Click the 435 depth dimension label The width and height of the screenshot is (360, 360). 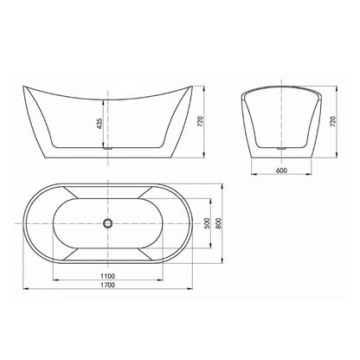(100, 124)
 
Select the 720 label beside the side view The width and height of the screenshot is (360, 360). (201, 121)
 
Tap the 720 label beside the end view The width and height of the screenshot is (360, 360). (333, 121)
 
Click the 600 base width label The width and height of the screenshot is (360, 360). (281, 170)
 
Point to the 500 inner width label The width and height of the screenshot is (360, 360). (207, 223)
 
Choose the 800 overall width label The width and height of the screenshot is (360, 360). (218, 223)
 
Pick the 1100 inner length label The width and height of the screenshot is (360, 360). (107, 276)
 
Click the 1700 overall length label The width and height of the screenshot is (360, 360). (107, 285)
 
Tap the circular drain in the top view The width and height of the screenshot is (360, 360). (107, 223)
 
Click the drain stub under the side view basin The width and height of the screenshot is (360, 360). (107, 148)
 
